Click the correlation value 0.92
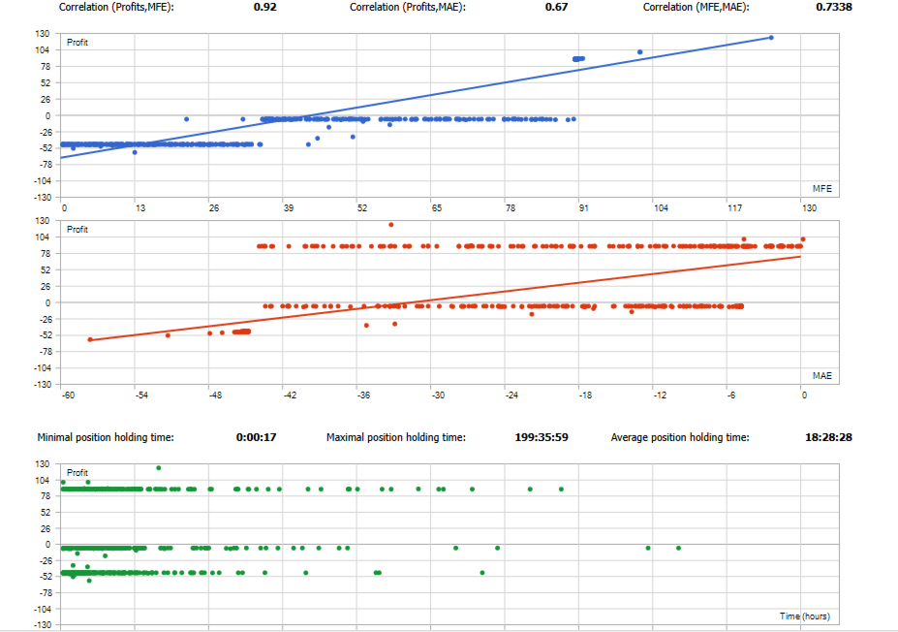[265, 7]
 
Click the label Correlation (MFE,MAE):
[696, 7]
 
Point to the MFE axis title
[822, 188]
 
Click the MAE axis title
[822, 375]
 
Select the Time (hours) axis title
[804, 616]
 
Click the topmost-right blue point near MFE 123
[771, 38]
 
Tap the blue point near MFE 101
[640, 52]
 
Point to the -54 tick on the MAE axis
[141, 395]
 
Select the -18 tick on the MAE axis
[584, 395]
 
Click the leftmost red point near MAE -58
[90, 339]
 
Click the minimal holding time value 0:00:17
[256, 437]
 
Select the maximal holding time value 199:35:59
[542, 437]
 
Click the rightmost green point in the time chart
[678, 548]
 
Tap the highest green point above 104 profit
[158, 467]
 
